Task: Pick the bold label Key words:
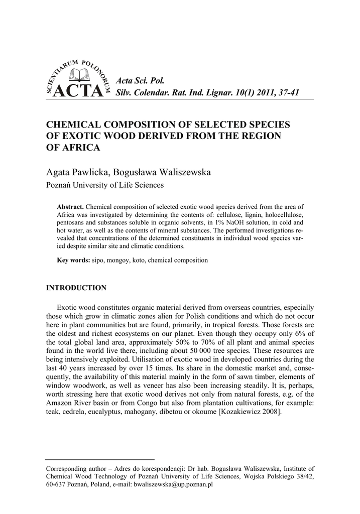(x=73, y=261)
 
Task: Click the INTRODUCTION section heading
(x=76, y=288)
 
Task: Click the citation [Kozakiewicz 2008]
(x=244, y=412)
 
